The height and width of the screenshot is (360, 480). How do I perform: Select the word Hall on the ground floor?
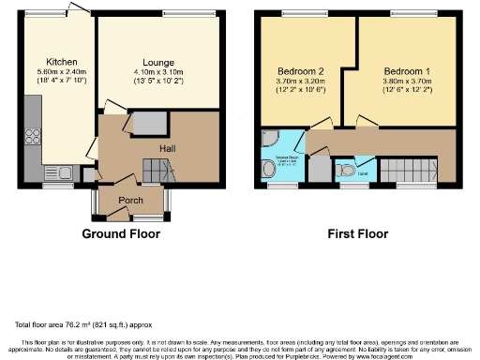point(168,148)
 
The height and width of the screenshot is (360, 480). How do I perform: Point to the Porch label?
point(129,199)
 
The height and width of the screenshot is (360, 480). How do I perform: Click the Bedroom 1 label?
point(408,71)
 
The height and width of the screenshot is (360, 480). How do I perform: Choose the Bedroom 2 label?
point(301,71)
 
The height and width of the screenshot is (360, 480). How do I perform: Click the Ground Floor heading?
point(121,233)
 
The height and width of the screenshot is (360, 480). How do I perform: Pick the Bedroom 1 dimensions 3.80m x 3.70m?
point(408,82)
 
